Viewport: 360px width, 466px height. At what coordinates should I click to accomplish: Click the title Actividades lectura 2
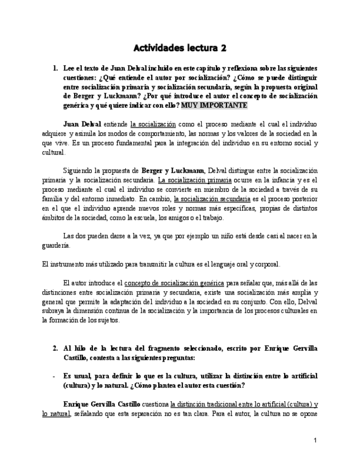click(180, 48)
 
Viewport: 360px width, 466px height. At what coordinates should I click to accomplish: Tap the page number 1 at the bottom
click(315, 440)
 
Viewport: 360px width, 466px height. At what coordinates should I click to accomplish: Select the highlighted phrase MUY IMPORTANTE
click(214, 105)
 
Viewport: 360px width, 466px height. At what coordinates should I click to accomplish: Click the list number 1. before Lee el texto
click(56, 68)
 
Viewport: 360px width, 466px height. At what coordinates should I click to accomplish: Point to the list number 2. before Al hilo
click(56, 348)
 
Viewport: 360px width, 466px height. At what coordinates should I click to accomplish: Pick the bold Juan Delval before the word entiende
click(82, 124)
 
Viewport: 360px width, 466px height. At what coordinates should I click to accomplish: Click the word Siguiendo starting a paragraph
click(79, 171)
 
